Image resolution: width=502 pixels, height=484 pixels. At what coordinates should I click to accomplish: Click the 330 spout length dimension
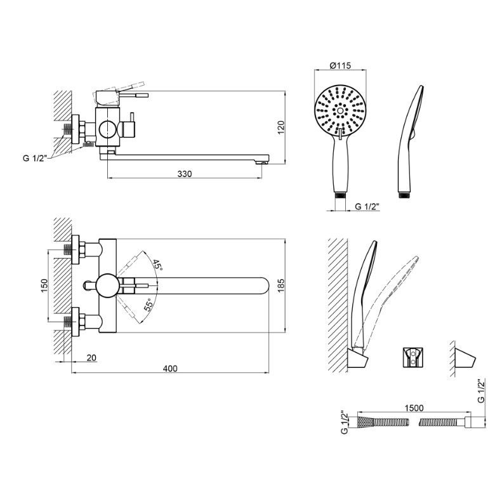click(x=185, y=174)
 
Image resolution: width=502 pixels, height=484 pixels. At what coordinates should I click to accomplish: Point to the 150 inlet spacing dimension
click(x=43, y=285)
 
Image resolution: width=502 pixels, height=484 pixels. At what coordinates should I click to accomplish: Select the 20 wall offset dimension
click(x=91, y=358)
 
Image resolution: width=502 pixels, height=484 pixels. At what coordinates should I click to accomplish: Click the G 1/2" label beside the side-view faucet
click(x=34, y=158)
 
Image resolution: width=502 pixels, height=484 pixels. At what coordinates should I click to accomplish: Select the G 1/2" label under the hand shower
click(x=367, y=206)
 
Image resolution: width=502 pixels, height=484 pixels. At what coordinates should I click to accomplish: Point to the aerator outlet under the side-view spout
click(x=260, y=163)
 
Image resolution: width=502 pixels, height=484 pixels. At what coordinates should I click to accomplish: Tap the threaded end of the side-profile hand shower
click(x=404, y=193)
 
